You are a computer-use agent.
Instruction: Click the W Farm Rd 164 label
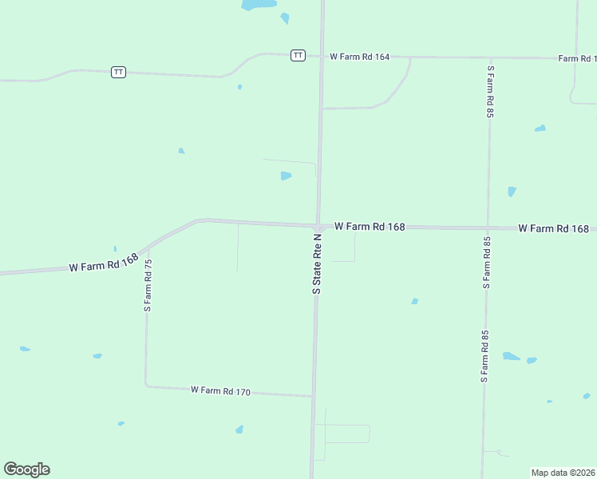click(x=359, y=57)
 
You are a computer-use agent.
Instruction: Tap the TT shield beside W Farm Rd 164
click(x=298, y=55)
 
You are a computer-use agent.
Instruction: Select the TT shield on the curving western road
click(x=118, y=72)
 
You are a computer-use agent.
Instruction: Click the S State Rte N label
click(x=317, y=264)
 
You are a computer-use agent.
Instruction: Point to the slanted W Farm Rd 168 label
click(x=104, y=263)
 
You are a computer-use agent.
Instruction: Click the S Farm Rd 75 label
click(x=147, y=285)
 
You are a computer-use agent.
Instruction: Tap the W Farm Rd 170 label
click(x=221, y=391)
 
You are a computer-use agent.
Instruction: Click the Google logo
click(x=26, y=469)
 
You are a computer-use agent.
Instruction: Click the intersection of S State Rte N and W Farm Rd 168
click(x=318, y=226)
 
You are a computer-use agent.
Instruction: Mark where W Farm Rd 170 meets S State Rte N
click(x=312, y=396)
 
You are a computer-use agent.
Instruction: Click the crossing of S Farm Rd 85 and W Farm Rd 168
click(x=488, y=228)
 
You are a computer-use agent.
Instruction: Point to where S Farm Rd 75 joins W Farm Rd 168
click(x=147, y=247)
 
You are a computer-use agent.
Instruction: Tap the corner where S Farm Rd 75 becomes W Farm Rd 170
click(x=146, y=386)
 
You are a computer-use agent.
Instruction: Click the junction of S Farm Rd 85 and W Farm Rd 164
click(x=490, y=57)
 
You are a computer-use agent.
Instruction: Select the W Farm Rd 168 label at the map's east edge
click(x=553, y=228)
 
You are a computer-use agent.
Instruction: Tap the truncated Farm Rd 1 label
click(x=577, y=58)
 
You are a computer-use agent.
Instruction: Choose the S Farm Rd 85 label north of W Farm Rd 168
click(x=491, y=92)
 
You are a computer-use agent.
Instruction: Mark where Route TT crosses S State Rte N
click(x=322, y=56)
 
